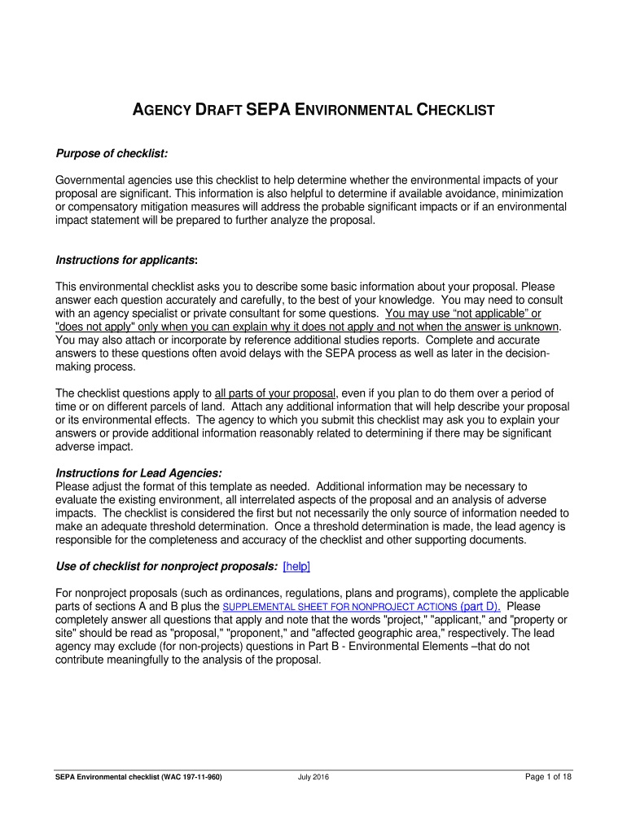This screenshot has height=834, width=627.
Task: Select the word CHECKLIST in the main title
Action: coord(456,109)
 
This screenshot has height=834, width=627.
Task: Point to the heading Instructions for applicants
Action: coord(126,260)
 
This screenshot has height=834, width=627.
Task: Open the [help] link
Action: coord(296,566)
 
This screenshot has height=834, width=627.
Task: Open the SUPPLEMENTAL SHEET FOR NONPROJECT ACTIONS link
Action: coord(340,608)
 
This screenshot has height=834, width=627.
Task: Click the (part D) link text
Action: coord(480,607)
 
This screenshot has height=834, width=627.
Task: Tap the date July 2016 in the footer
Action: coord(313,777)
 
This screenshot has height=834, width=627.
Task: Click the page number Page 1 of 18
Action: coord(548,777)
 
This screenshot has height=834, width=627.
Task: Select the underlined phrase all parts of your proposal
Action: coord(275,393)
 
